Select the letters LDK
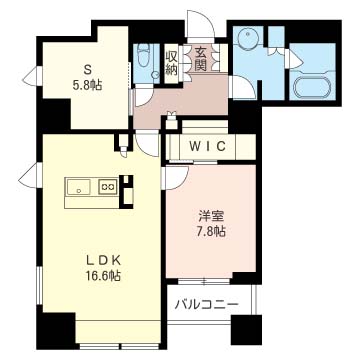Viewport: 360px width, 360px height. pos(103,252)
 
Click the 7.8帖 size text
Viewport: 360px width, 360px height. pos(210,231)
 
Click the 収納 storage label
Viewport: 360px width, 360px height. pos(171,63)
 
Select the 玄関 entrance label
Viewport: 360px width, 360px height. pos(199,59)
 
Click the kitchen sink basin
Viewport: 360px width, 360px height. pos(79,187)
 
